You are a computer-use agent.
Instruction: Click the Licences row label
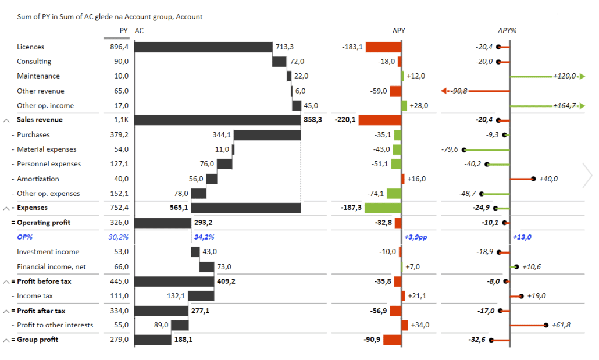(x=30, y=47)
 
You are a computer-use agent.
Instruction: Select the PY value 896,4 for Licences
(x=119, y=47)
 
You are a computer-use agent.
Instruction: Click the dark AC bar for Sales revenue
(x=217, y=120)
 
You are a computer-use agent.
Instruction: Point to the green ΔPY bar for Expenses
(x=383, y=208)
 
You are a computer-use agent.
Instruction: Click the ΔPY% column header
(x=507, y=31)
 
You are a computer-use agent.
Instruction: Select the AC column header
(x=139, y=31)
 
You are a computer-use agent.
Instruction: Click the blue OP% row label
(x=25, y=237)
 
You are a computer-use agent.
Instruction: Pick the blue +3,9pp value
(x=418, y=237)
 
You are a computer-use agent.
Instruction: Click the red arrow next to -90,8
(x=444, y=91)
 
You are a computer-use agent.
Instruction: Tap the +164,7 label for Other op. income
(x=564, y=105)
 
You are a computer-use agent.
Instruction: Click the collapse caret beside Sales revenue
(x=6, y=120)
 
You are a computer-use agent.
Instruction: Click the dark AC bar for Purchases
(x=267, y=135)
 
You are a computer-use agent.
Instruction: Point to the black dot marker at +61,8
(x=546, y=325)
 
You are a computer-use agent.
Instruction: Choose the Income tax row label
(x=35, y=296)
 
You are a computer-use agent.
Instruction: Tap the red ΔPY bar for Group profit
(x=392, y=340)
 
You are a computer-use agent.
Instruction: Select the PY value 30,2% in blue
(x=119, y=237)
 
